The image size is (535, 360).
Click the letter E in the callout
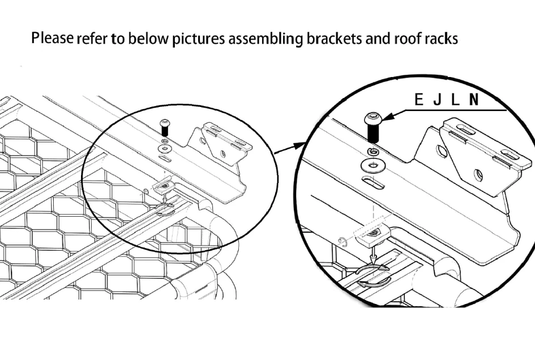click(420, 101)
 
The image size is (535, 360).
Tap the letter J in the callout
click(437, 101)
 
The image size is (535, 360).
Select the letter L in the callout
click(455, 101)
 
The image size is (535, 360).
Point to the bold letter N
click(473, 101)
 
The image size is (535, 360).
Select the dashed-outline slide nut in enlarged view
click(370, 234)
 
